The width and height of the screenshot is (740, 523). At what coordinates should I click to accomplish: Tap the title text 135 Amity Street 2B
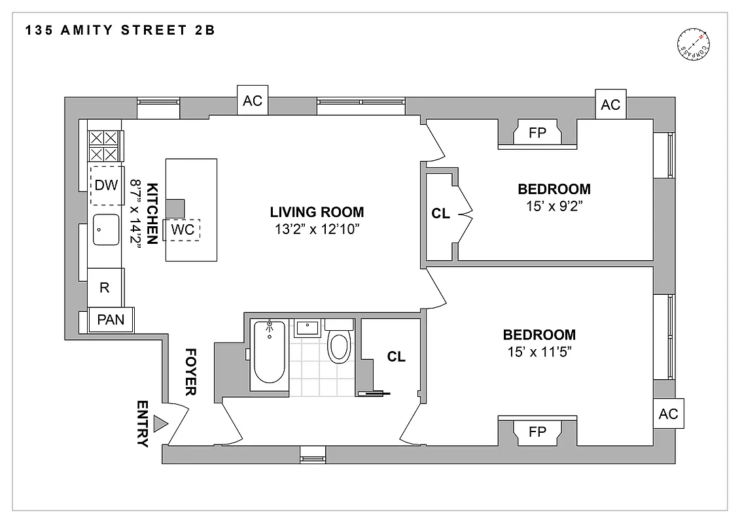tap(121, 30)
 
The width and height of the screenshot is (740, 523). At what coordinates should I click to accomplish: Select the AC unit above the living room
tap(253, 101)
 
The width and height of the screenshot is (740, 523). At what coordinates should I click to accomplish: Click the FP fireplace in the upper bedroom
tap(537, 133)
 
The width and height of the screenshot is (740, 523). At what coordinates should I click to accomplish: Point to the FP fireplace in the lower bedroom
tap(537, 431)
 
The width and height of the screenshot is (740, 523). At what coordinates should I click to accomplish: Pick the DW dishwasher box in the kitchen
tap(106, 185)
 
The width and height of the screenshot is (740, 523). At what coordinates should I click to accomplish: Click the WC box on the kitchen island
tap(182, 229)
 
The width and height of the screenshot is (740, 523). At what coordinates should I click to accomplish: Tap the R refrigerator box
tap(104, 287)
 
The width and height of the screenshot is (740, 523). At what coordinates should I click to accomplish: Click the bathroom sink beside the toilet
tap(306, 327)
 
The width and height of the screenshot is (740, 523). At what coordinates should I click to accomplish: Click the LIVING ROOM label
tap(317, 212)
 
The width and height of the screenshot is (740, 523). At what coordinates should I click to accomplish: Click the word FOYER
tap(190, 371)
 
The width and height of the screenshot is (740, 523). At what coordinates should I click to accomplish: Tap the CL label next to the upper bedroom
tap(441, 213)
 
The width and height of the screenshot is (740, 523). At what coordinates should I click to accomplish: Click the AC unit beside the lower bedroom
tap(668, 414)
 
